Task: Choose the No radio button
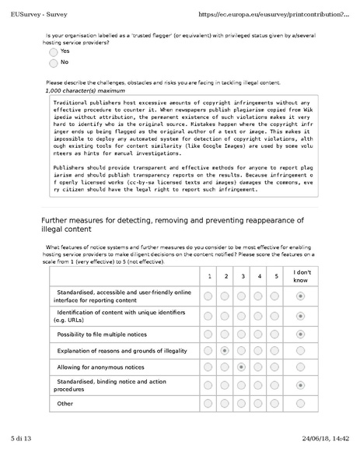pyautogui.click(x=53, y=62)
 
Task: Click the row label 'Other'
pyautogui.click(x=65, y=403)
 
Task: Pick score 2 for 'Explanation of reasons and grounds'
pyautogui.click(x=225, y=351)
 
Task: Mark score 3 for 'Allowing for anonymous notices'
pyautogui.click(x=243, y=366)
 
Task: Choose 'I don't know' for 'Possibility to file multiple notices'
pyautogui.click(x=300, y=333)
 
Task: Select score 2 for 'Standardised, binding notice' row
pyautogui.click(x=225, y=384)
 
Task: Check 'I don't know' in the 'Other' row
pyautogui.click(x=300, y=403)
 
